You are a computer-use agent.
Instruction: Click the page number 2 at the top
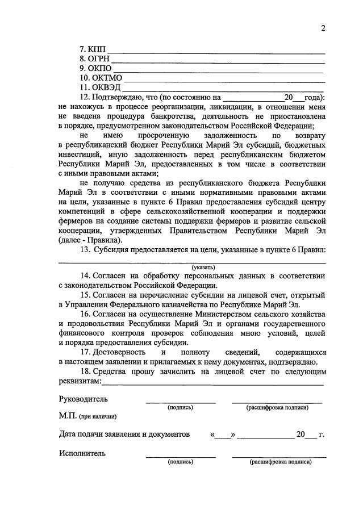pyautogui.click(x=322, y=29)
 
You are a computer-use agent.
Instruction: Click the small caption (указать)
pyautogui.click(x=203, y=267)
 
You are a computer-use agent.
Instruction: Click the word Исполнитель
pyautogui.click(x=82, y=453)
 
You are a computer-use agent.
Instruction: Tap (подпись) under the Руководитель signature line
pyautogui.click(x=180, y=407)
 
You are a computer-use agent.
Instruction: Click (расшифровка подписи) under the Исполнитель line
pyautogui.click(x=281, y=462)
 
